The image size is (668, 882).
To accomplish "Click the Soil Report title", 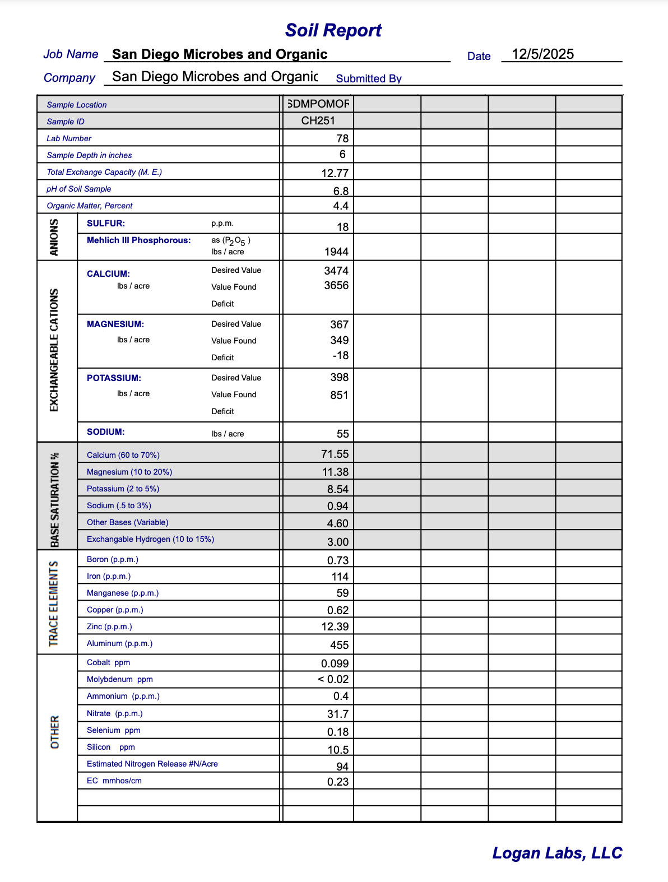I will click(x=333, y=30).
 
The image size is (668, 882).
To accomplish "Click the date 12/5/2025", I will click(x=542, y=54).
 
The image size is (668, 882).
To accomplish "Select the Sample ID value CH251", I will click(x=318, y=120).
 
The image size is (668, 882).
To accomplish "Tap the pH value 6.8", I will click(x=341, y=191).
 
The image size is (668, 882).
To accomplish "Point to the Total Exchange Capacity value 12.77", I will click(x=335, y=173).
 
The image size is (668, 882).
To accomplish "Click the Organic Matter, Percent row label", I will click(x=90, y=206).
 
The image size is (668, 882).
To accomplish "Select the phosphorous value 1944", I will click(x=336, y=252).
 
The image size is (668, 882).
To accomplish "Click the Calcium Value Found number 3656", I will click(x=336, y=285).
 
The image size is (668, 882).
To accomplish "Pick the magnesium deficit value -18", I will click(x=340, y=356).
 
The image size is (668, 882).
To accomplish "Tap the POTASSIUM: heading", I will click(x=114, y=378).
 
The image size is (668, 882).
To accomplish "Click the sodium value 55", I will click(x=342, y=434).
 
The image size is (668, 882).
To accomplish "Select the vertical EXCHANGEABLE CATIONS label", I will click(x=54, y=350).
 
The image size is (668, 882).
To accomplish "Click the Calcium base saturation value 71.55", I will click(x=335, y=454).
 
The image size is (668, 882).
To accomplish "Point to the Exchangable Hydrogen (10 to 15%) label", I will click(x=150, y=539).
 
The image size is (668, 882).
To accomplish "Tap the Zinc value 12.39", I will click(x=335, y=626).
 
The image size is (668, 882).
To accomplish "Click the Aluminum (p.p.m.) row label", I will click(x=119, y=643).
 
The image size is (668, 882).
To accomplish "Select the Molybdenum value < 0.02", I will click(x=333, y=679).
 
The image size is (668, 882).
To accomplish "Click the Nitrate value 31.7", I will click(x=337, y=714).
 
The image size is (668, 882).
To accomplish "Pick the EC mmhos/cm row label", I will click(x=114, y=781).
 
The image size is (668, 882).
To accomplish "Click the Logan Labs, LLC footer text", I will click(x=557, y=853).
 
